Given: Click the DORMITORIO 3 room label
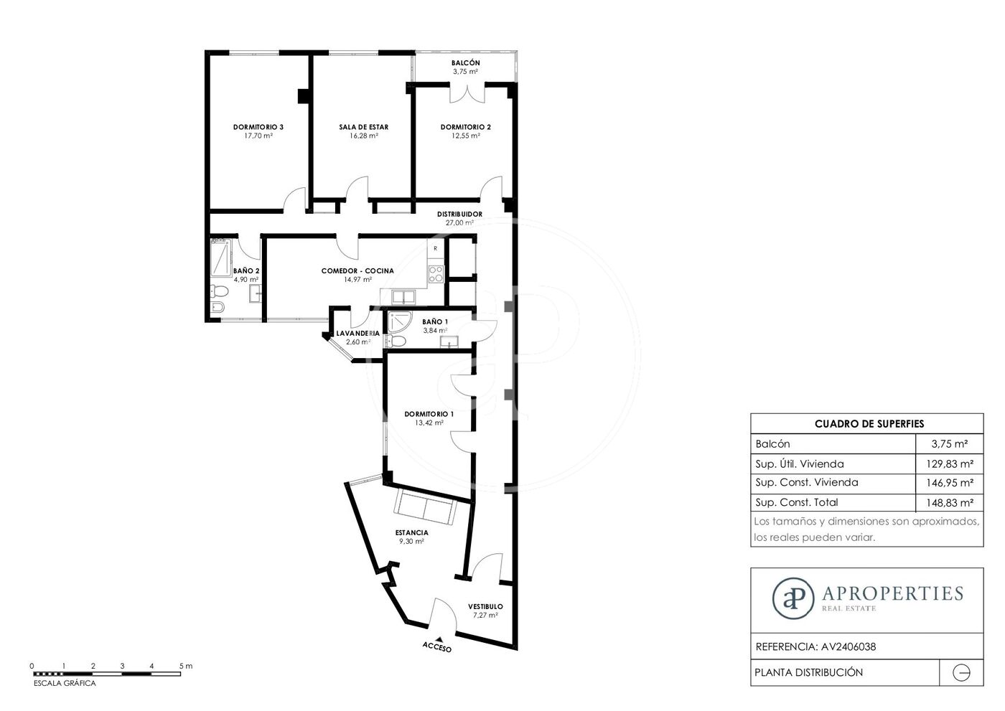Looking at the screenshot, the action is click(258, 127).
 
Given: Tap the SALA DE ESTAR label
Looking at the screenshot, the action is click(363, 127).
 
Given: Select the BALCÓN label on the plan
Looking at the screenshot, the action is click(465, 62).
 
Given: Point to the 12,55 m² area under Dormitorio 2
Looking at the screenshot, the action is click(466, 136).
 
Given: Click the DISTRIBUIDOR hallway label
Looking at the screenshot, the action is click(459, 214).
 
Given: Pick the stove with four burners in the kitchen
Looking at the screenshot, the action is click(436, 274).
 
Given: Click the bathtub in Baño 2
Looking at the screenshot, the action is click(221, 258).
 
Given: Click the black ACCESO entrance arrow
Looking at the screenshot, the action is click(439, 639).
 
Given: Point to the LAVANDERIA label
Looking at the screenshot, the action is click(357, 333).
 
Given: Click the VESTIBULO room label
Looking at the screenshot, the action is click(485, 606).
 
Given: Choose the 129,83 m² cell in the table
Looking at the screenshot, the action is click(949, 463).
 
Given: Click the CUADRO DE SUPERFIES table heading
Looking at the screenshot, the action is click(869, 423).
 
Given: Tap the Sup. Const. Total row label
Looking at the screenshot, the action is click(796, 502).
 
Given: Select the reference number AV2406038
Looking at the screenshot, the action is click(848, 646).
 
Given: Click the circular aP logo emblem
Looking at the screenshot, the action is click(793, 598).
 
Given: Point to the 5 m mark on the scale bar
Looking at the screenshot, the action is click(186, 666).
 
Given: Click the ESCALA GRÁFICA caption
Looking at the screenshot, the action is click(65, 683).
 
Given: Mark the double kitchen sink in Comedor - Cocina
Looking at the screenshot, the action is click(403, 297).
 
